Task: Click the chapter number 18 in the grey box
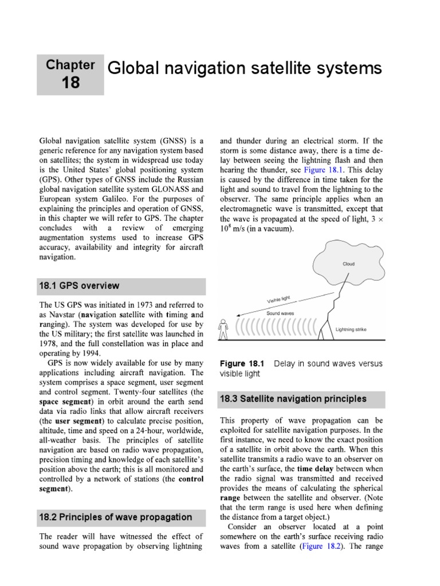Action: coord(71,82)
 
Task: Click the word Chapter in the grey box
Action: coord(71,65)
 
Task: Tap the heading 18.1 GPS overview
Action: coord(79,286)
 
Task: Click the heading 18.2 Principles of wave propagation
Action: coord(115,517)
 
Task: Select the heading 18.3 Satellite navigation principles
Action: coord(293,398)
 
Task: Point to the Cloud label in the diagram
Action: coord(348,264)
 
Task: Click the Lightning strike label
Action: coord(351,330)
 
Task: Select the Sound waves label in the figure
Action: coord(280,314)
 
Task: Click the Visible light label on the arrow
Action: coord(279,300)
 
